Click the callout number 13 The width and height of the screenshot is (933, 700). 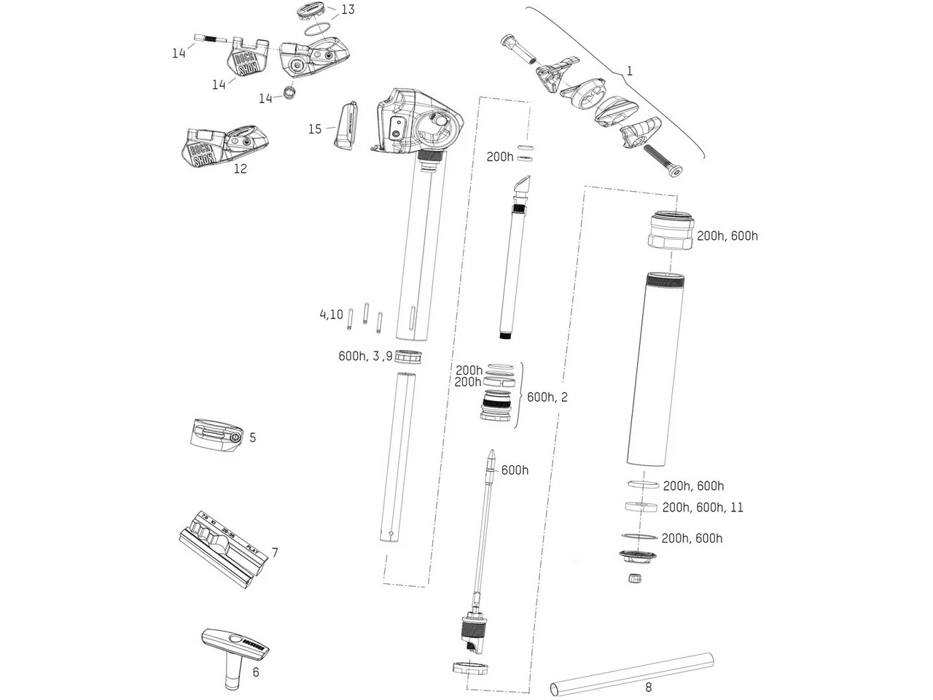point(348,9)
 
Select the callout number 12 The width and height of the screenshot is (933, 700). point(240,168)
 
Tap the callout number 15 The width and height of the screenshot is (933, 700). point(314,129)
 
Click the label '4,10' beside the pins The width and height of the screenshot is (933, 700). point(331,315)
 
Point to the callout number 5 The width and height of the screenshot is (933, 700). point(252,437)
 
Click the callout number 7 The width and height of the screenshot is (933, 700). point(275,552)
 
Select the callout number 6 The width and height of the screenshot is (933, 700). point(255,672)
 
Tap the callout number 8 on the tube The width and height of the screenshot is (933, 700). point(648,687)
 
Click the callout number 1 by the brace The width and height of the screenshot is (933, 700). point(630,71)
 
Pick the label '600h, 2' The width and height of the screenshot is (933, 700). point(547,397)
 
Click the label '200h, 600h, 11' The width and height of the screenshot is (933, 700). point(703,507)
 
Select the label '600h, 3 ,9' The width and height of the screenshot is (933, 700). point(365,357)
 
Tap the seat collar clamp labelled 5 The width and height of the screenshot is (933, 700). point(214,435)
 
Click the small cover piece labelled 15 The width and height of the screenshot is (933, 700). point(346,125)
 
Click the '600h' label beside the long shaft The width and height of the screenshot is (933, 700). point(515,470)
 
